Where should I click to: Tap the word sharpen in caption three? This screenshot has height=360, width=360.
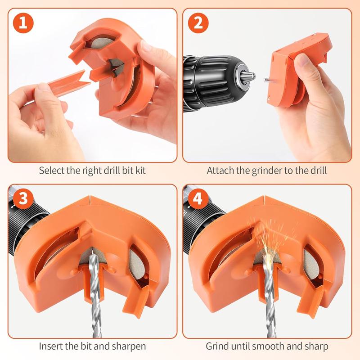[132, 346]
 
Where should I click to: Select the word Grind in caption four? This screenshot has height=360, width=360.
[216, 346]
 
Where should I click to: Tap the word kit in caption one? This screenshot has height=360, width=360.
[140, 171]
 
